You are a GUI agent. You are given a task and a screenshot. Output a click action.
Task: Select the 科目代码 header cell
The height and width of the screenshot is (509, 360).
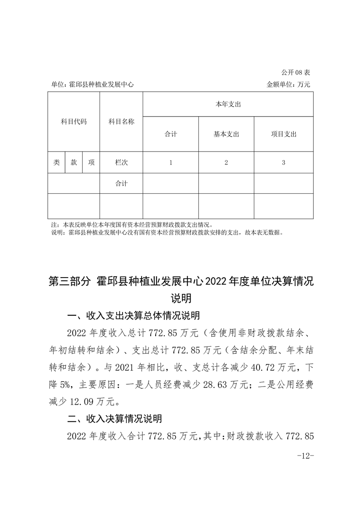coord(74,122)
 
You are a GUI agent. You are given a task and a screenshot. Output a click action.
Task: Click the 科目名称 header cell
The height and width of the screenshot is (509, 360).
coord(121,122)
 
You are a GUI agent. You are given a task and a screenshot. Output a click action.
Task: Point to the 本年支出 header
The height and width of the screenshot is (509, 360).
coord(228,104)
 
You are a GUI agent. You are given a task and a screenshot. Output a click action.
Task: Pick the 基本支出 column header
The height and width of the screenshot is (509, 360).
coord(226,134)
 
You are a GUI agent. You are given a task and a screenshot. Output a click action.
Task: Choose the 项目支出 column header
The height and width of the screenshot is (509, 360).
coord(284,134)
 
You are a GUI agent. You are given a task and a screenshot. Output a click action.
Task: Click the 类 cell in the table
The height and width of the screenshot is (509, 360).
coord(56,162)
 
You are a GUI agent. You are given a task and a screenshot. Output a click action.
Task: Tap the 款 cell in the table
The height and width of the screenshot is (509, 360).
coord(74,162)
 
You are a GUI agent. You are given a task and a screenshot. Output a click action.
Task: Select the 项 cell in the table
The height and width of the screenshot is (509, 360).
coord(91,162)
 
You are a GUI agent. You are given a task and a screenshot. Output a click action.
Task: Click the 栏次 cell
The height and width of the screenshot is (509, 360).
coord(121,162)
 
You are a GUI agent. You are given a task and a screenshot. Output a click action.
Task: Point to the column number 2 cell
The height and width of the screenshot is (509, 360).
coord(226,162)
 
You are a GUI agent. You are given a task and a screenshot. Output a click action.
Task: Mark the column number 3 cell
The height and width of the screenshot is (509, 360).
coord(284,162)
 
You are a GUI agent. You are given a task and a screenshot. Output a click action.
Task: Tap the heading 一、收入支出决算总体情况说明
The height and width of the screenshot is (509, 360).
coord(133,315)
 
